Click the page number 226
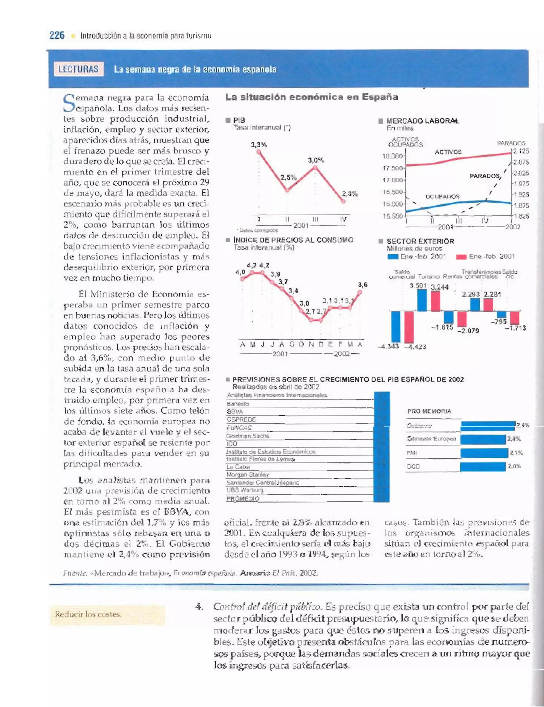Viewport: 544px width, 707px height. (x=57, y=35)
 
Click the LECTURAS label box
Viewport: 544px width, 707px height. (x=78, y=69)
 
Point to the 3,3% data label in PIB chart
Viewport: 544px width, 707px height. (x=258, y=145)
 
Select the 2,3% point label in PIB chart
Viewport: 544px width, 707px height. (x=350, y=194)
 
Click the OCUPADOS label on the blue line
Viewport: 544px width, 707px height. (x=442, y=196)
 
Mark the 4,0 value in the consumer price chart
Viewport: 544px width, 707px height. (x=240, y=272)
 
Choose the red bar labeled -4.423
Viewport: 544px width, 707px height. (x=409, y=327)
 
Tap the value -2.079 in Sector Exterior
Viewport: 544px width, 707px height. (x=468, y=331)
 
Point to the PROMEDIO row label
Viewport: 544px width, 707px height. (x=243, y=498)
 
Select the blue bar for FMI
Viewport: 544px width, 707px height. (x=484, y=453)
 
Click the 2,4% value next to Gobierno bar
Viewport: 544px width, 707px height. (x=522, y=425)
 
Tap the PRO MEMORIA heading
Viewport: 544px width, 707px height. (x=429, y=411)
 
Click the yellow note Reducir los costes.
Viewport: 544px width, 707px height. (x=88, y=614)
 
